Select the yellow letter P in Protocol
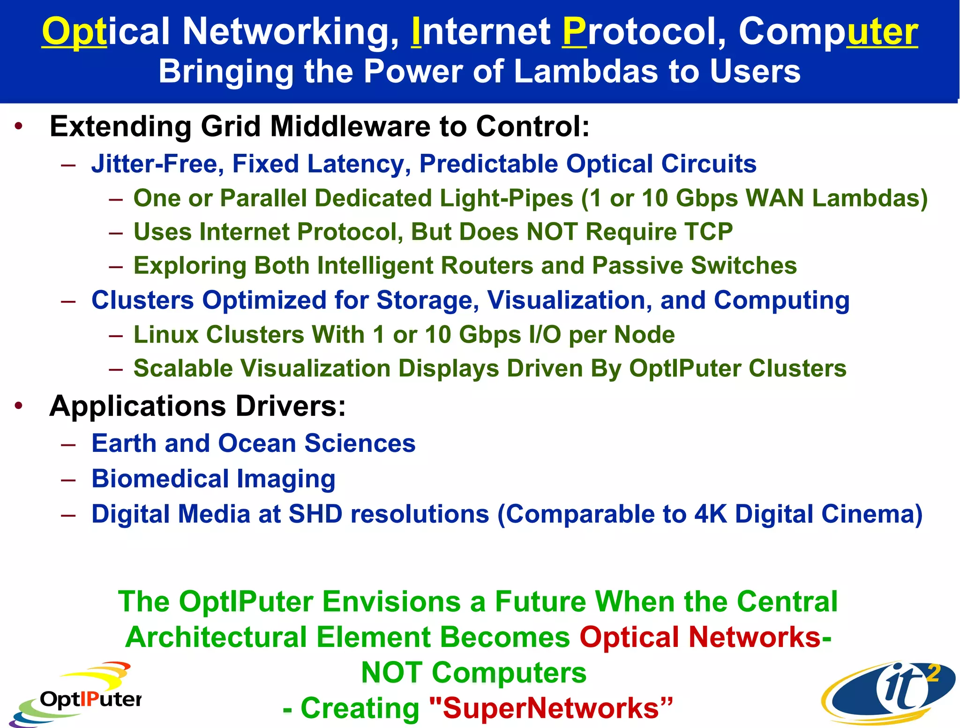[x=574, y=32]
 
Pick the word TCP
[x=708, y=232]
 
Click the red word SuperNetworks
[x=551, y=708]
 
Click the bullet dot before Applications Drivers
[x=18, y=406]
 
